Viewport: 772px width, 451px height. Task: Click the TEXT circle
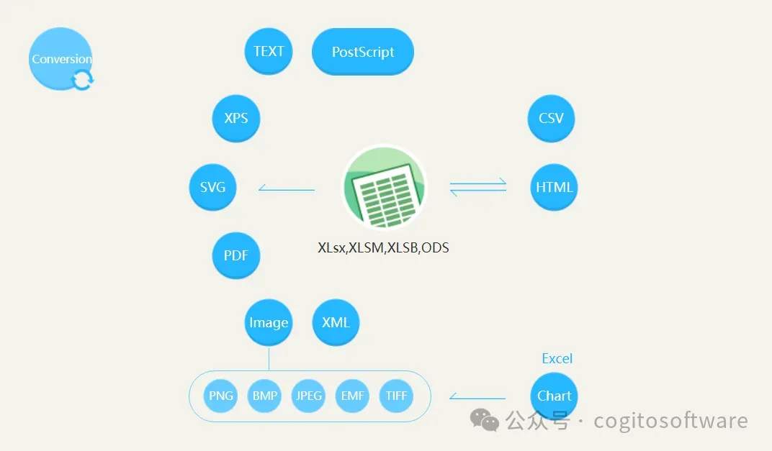[269, 51]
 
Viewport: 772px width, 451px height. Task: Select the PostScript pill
[363, 52]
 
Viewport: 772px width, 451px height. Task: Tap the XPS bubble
[235, 118]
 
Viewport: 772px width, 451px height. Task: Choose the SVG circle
[212, 187]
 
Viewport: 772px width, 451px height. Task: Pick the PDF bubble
[235, 256]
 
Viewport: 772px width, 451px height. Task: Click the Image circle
[269, 323]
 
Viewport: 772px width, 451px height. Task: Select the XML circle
[336, 322]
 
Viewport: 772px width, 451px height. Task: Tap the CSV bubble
[551, 118]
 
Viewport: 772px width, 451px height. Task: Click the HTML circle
[554, 187]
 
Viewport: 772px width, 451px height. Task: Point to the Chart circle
[554, 396]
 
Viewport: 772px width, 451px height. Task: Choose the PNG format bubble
[220, 396]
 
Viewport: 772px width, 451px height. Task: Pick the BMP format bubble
[264, 396]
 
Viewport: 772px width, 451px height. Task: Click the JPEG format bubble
[308, 396]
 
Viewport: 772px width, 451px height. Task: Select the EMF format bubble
[352, 396]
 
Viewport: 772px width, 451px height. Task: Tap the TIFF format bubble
[396, 396]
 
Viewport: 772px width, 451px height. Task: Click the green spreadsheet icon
[384, 187]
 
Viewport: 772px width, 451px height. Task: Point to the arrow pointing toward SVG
[286, 189]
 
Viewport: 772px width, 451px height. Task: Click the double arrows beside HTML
[478, 188]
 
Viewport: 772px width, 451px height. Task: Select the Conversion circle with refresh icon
[61, 59]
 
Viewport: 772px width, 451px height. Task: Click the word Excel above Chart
[557, 358]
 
